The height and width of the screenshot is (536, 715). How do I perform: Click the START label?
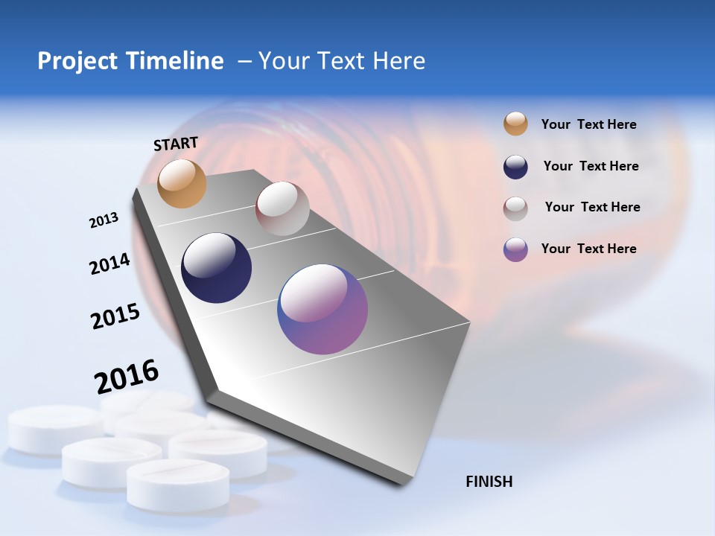coord(176,144)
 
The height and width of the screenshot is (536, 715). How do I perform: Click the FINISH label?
coord(489,482)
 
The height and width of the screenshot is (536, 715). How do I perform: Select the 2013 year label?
coord(104,220)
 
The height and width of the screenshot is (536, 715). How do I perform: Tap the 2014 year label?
coord(109,264)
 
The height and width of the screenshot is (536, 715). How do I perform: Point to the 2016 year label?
coord(127,376)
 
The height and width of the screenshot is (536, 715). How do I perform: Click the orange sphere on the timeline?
coord(182,183)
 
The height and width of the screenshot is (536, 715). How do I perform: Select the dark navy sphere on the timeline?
coord(216,268)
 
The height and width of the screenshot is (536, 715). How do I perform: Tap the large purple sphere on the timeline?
coord(322,309)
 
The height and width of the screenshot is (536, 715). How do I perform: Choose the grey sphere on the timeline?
coord(282,208)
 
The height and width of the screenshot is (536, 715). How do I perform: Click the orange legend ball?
coord(515,124)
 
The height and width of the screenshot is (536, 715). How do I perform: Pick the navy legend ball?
coord(515,167)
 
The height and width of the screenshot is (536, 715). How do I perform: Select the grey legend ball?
coord(515,208)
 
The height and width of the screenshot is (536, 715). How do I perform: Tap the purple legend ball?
coord(515,249)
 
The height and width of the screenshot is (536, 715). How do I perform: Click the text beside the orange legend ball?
coord(588,124)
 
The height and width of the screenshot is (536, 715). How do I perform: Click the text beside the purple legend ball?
coord(588,249)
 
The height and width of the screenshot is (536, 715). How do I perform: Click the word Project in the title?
coord(77,61)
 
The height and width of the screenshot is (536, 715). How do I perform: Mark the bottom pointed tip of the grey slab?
coord(403,483)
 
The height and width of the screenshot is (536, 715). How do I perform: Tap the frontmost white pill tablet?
coord(177,484)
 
